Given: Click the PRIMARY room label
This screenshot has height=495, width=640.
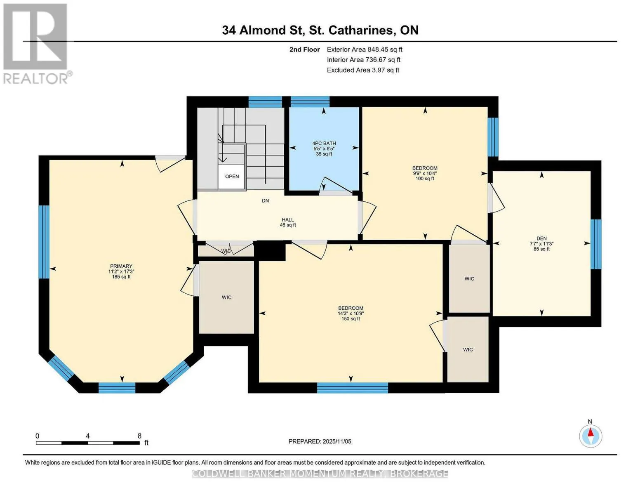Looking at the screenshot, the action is click(121, 266).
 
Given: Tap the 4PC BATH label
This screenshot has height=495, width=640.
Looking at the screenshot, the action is click(324, 144).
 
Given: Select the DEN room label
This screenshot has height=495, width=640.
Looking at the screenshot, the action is click(541, 238).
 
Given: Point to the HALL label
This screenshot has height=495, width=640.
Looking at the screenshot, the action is click(288, 220).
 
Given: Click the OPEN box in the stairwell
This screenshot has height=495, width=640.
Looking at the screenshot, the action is click(231, 177).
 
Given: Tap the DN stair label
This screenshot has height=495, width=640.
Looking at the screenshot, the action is click(266, 200).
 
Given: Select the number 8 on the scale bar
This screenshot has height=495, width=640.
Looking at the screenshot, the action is click(139, 436).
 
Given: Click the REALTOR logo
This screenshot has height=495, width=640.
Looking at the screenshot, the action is click(36, 44).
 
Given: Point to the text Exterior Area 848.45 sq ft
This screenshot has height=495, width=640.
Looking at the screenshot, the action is click(365, 49).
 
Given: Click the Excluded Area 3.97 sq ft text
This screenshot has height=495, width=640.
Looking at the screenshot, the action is click(363, 70).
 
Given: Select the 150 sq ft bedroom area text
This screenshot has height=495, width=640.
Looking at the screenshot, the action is click(351, 318).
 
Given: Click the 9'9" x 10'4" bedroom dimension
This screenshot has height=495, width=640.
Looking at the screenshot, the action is click(425, 173).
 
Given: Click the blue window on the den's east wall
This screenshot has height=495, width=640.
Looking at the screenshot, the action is click(596, 244).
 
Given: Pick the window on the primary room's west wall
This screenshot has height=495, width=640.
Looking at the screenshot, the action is click(44, 242).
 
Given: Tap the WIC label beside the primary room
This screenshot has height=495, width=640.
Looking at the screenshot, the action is click(226, 297).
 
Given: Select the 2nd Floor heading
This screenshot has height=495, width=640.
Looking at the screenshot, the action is click(305, 49).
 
